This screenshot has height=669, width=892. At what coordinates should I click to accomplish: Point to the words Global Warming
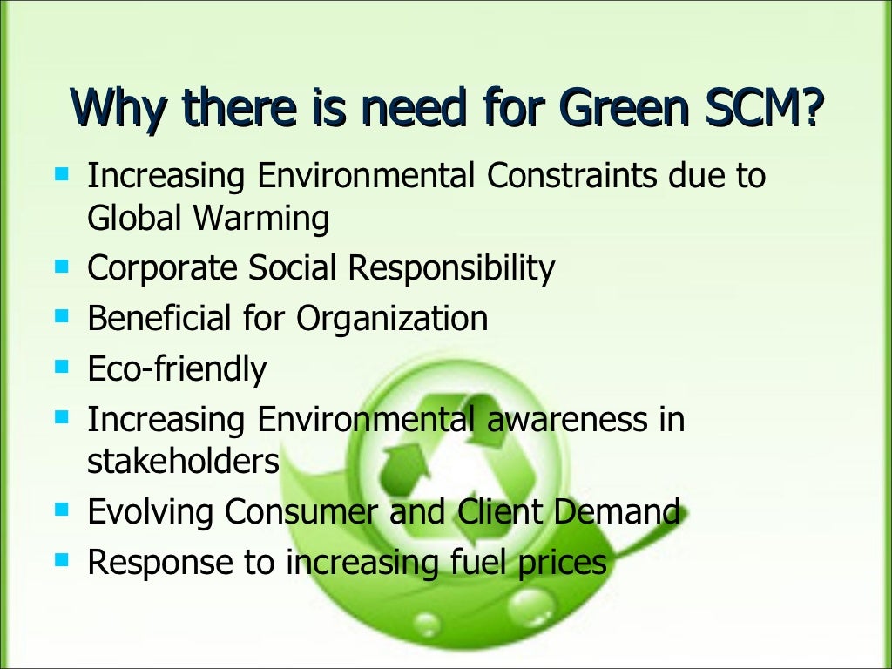click(208, 218)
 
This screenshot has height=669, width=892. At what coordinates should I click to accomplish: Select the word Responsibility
click(451, 268)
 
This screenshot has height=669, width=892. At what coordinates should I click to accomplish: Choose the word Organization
click(392, 319)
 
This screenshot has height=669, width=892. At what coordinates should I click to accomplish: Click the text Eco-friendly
click(177, 369)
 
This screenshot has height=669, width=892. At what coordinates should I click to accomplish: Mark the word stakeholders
click(183, 461)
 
